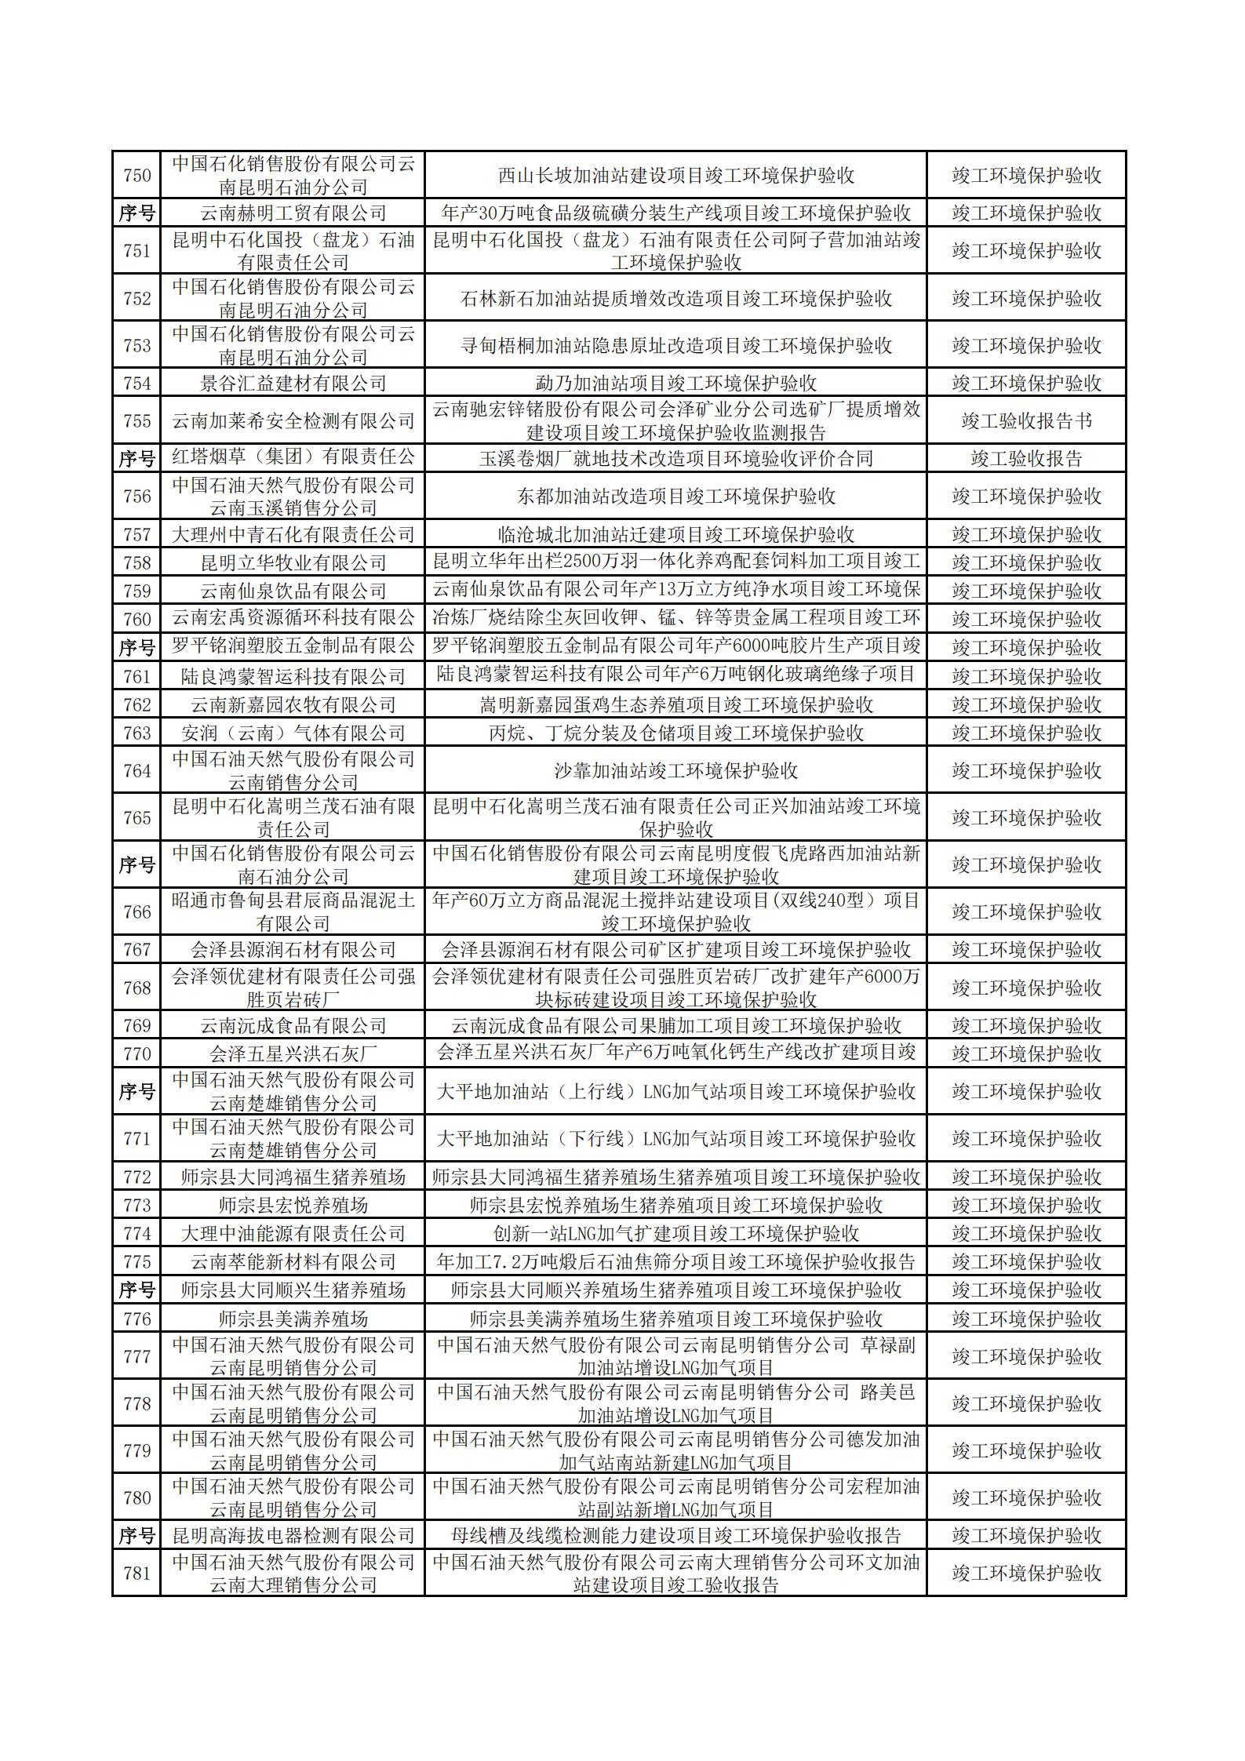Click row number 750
tap(137, 175)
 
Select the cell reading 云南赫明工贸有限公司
tap(293, 213)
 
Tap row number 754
tap(137, 383)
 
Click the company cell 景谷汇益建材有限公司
tap(293, 383)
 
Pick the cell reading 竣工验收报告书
tap(1026, 421)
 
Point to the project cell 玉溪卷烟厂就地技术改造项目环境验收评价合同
tap(675, 459)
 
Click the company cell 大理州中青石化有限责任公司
tap(293, 534)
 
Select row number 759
tap(137, 591)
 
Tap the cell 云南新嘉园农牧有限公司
tap(293, 704)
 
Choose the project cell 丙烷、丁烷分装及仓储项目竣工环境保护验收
tap(675, 733)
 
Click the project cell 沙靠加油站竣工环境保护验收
tap(675, 770)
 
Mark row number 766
tap(137, 911)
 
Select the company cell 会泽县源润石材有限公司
tap(293, 950)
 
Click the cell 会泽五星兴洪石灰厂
tap(293, 1053)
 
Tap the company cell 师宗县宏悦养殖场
tap(293, 1205)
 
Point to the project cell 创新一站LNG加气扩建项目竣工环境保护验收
tap(675, 1233)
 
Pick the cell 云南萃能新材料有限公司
tap(293, 1261)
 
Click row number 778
tap(137, 1403)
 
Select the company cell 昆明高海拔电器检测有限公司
tap(293, 1535)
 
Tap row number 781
tap(137, 1573)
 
